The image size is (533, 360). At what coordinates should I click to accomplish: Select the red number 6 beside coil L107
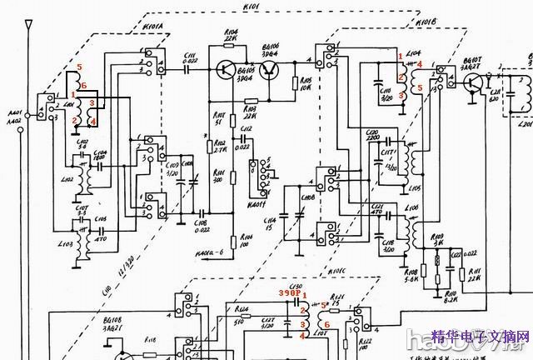click(x=327, y=324)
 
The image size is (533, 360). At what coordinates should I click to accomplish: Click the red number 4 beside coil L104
click(x=420, y=63)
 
